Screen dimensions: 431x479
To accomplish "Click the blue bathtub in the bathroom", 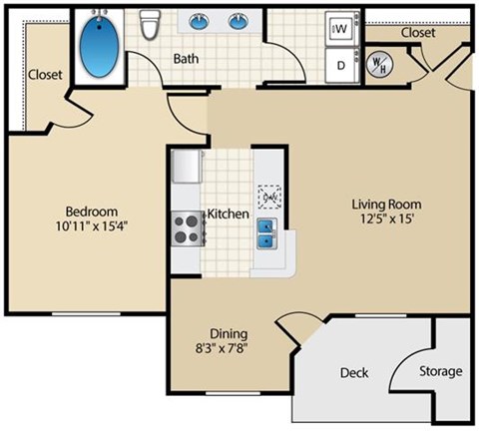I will pos(98,46).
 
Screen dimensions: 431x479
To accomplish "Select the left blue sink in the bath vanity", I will pos(197,21).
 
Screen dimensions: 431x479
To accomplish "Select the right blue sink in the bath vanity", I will pos(239,21).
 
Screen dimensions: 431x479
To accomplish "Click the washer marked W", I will pos(339,30).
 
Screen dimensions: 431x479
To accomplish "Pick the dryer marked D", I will pos(339,65).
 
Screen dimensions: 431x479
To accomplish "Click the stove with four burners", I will pos(186,227).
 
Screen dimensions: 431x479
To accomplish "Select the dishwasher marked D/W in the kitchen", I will pos(268,196).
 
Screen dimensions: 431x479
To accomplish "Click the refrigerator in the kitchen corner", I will pos(186,168).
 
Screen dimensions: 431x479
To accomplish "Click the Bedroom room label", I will pos(92,212).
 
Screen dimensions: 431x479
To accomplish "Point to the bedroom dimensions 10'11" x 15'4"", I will pos(92,225).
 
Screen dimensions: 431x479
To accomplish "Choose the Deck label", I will pos(353,373).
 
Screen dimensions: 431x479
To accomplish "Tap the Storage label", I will pos(439,371).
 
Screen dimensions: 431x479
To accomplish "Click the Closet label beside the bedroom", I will pos(46,75).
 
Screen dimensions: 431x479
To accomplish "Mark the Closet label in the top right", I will pos(417,33).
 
